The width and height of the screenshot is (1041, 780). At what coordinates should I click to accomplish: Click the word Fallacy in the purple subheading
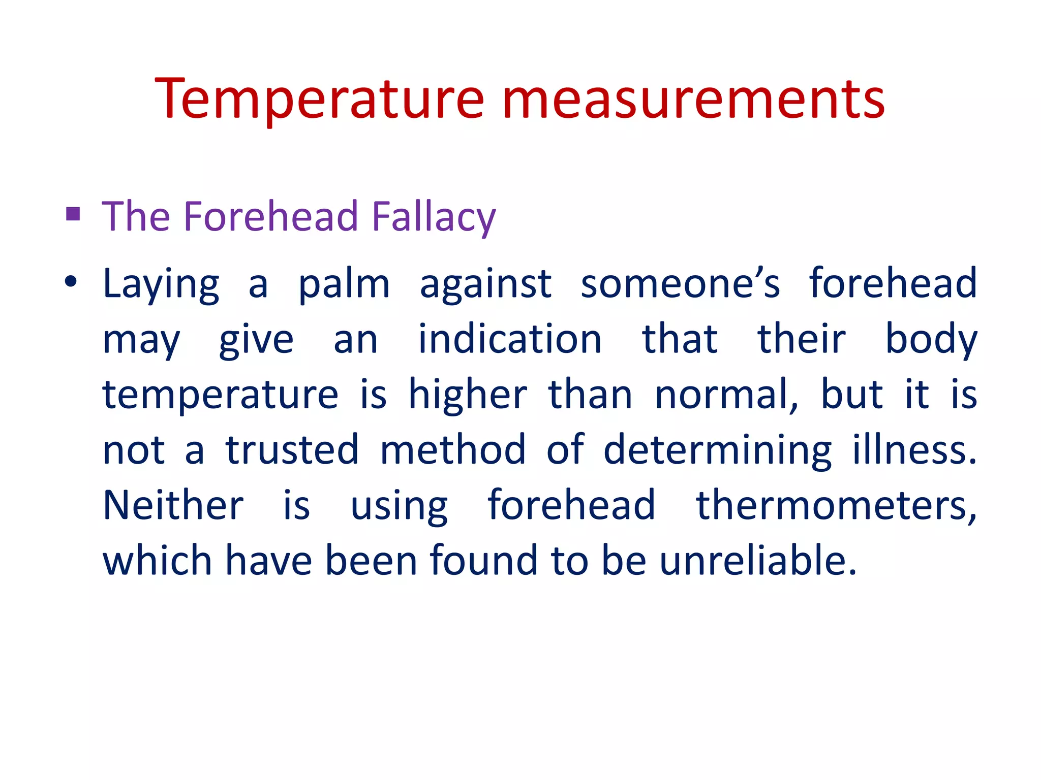(x=433, y=217)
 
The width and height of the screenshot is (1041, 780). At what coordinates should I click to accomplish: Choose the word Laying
(x=161, y=284)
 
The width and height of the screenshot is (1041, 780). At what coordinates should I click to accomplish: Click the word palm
(x=344, y=284)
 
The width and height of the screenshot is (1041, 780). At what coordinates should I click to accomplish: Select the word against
(x=485, y=284)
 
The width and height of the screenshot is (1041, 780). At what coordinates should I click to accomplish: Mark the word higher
(x=468, y=395)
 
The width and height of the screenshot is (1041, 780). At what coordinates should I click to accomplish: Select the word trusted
(x=292, y=450)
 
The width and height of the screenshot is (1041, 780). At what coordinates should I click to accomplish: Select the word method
(x=453, y=450)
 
